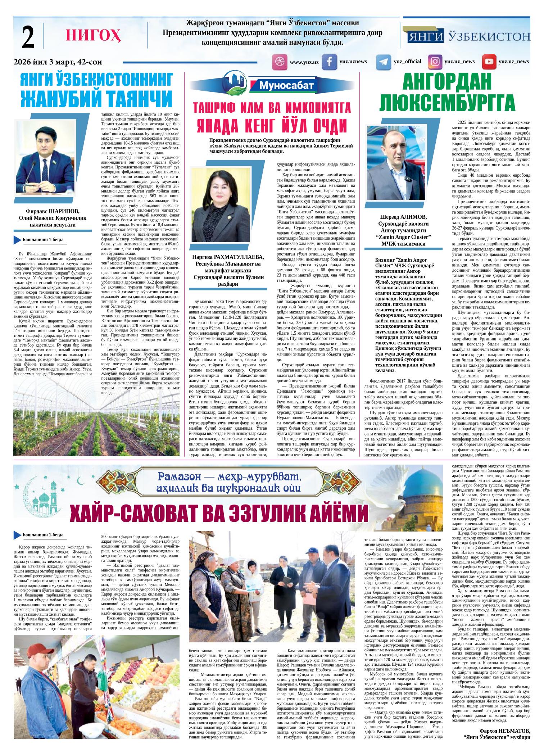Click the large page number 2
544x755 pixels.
click(28, 38)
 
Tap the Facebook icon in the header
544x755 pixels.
click(329, 62)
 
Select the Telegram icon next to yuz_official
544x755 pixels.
click(383, 62)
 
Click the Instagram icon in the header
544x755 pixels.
click(435, 62)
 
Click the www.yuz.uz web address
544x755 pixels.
click(304, 62)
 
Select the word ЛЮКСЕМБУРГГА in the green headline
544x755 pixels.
click(447, 103)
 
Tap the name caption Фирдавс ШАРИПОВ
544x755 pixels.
click(52, 211)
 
